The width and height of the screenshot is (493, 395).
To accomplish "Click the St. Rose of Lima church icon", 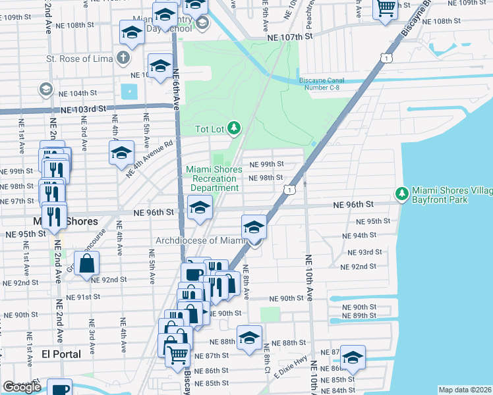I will tap(123, 57).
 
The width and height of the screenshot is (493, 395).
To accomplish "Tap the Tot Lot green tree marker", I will tap(233, 127).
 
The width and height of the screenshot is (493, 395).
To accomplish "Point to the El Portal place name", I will tap(61, 354).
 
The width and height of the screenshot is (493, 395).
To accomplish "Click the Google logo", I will tap(22, 387).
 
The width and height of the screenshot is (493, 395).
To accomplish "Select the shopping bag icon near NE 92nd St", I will tap(87, 264).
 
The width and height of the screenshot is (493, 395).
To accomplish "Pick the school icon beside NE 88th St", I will tap(249, 339).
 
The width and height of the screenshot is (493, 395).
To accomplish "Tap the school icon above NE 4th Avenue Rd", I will tap(121, 154).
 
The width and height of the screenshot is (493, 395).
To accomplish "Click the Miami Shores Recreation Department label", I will tap(212, 178).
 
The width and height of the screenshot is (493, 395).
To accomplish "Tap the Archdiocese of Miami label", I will tap(200, 240).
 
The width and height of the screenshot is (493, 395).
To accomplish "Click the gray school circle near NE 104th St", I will tap(45, 89).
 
